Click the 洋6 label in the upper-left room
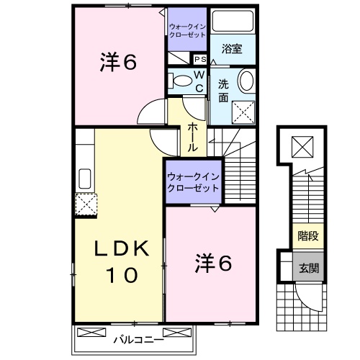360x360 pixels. pyautogui.click(x=117, y=62)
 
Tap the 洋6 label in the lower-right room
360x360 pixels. pyautogui.click(x=213, y=264)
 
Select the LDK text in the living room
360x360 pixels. pyautogui.click(x=123, y=250)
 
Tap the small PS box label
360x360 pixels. pyautogui.click(x=199, y=60)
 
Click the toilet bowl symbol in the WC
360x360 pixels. pyautogui.click(x=181, y=80)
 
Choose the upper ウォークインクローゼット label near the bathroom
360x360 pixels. pyautogui.click(x=187, y=30)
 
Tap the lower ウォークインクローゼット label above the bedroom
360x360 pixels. pyautogui.click(x=194, y=180)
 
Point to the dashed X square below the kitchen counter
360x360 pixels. pyautogui.click(x=86, y=204)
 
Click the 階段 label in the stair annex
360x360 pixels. pyautogui.click(x=308, y=235)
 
